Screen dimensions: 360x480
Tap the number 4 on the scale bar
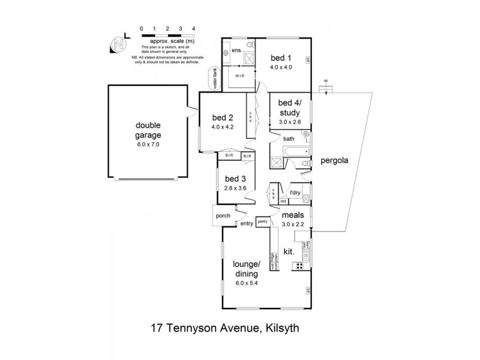[193, 28]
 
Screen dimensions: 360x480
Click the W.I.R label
[238, 76]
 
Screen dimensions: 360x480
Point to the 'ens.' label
[236, 50]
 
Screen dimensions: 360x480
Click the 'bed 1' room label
[281, 58]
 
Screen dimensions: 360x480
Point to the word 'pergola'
[335, 161]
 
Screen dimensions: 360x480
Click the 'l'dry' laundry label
[295, 193]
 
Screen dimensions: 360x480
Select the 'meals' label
[293, 214]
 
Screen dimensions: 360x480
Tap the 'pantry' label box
[262, 221]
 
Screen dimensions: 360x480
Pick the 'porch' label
[223, 215]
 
